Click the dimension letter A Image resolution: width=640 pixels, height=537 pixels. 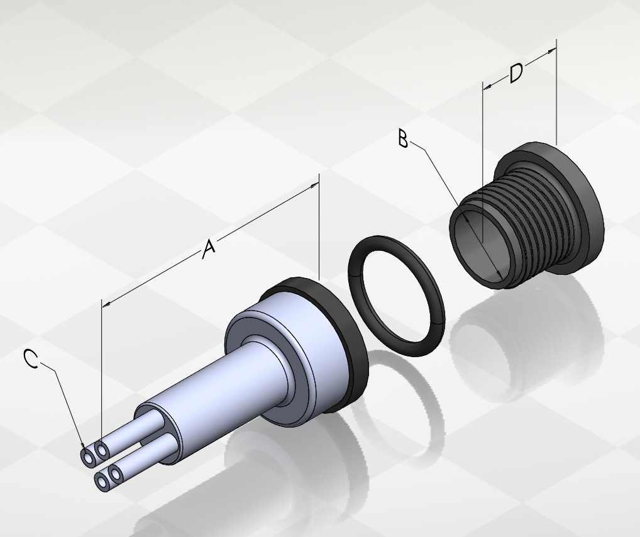[209, 249]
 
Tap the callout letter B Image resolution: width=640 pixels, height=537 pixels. [403, 138]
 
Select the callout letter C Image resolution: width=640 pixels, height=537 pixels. [31, 359]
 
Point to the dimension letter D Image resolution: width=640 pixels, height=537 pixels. [516, 73]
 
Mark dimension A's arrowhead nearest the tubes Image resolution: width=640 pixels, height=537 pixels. [106, 304]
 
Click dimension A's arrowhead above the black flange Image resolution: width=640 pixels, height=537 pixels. [314, 185]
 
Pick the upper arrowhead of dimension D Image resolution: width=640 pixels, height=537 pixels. [551, 51]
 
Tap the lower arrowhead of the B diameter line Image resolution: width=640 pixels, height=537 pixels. [499, 274]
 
